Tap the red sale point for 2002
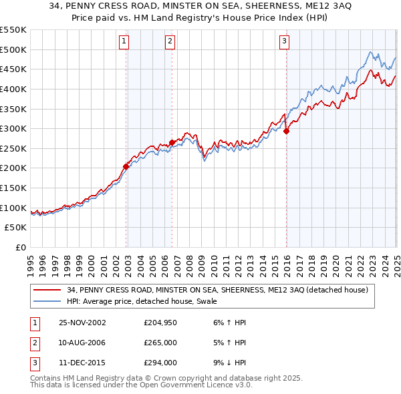pyautogui.click(x=126, y=166)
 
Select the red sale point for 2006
pyautogui.click(x=172, y=142)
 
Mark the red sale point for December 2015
pyautogui.click(x=286, y=131)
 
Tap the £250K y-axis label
pyautogui.click(x=13, y=148)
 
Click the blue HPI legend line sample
pyautogui.click(x=47, y=301)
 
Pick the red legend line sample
pyautogui.click(x=47, y=290)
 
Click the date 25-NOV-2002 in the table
pyautogui.click(x=82, y=323)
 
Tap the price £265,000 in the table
pyautogui.click(x=161, y=343)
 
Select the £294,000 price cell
pyautogui.click(x=161, y=363)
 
